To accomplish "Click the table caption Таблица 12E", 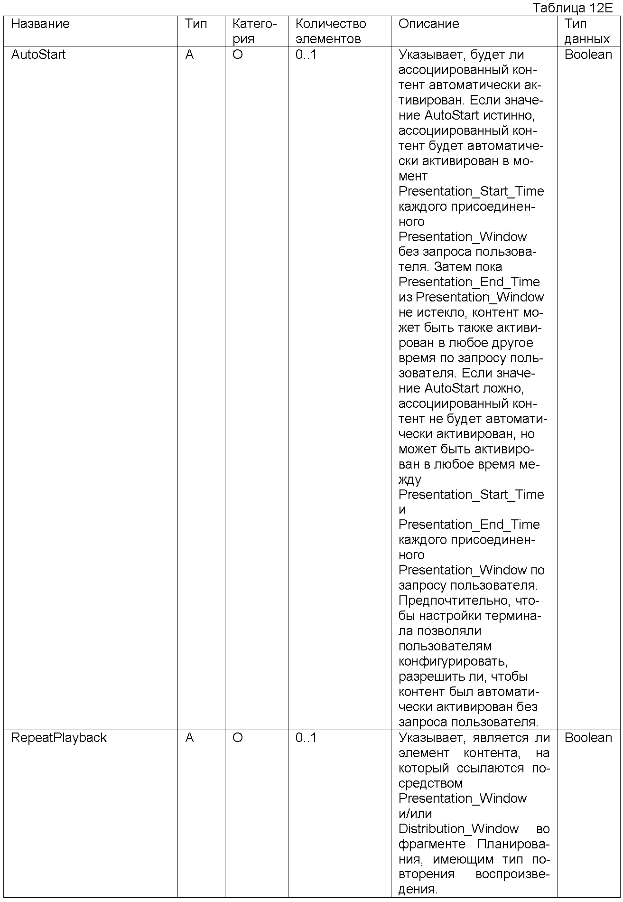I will pos(573,8).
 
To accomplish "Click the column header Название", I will pos(40,24).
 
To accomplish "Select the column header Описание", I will pos(428,24).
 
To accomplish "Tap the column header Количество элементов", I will pos(331,31).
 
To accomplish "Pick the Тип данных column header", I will pos(587,31).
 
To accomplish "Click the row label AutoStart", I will pos(38,55).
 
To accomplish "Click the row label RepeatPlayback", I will pos(59,738).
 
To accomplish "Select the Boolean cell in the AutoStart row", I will pos(588,55).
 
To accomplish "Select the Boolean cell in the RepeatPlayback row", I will pos(588,738).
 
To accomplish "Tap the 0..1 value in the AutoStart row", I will pos(306,55).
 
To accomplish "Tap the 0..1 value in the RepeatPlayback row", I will pos(306,738).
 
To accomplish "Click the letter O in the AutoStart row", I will pos(238,55).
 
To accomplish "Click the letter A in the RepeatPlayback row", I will pos(189,738).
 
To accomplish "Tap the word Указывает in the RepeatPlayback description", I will pos(430,738).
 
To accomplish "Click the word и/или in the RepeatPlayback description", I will pos(415,814).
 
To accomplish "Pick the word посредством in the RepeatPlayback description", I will pos(430,783).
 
